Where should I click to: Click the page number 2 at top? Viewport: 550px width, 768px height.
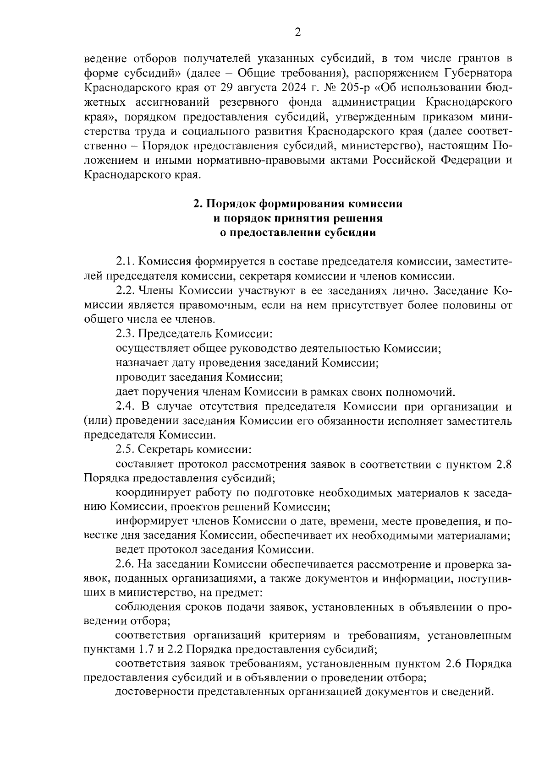[x=297, y=32]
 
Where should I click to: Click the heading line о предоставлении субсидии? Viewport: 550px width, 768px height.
[x=297, y=233]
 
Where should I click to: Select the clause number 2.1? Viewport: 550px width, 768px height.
[x=125, y=262]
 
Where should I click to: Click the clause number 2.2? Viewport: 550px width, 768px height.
[x=125, y=291]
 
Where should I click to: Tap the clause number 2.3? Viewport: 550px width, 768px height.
[x=125, y=334]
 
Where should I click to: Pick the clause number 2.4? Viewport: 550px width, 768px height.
[x=125, y=406]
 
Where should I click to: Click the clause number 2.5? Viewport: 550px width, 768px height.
[x=125, y=449]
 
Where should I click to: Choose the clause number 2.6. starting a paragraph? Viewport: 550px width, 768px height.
[x=125, y=564]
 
